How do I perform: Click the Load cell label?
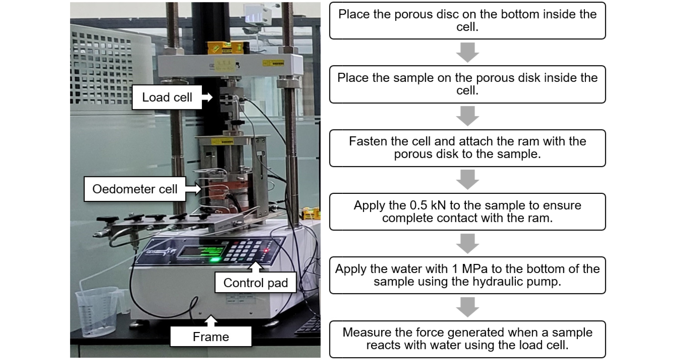tap(167, 97)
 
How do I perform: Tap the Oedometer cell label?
tap(135, 189)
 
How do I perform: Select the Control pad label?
tap(256, 283)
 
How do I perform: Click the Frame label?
tap(211, 337)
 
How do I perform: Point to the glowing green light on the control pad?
tap(213, 260)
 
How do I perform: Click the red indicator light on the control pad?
tap(266, 250)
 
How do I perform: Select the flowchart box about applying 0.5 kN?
tap(467, 212)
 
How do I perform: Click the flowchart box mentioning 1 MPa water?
tap(467, 275)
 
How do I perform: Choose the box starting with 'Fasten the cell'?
tap(467, 148)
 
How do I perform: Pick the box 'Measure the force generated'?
tap(467, 339)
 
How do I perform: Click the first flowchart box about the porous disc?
tap(467, 21)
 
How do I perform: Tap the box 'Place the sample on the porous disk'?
tap(467, 84)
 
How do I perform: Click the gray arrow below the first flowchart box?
tap(467, 52)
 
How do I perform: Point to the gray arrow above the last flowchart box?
tap(467, 307)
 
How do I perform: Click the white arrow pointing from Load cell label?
tap(207, 97)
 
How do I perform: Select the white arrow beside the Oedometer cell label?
tap(193, 189)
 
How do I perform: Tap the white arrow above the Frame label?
tap(211, 321)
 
